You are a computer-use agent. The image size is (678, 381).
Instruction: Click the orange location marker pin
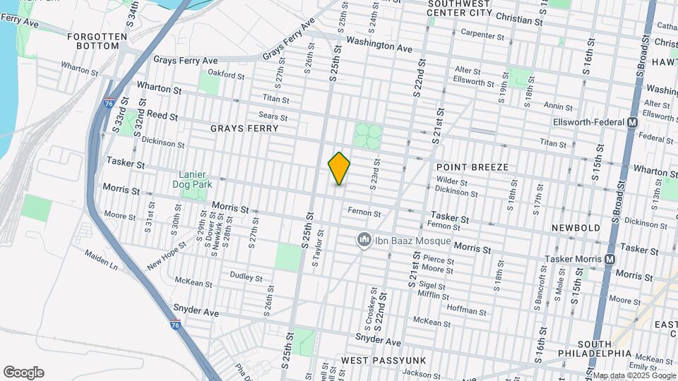click(x=339, y=169)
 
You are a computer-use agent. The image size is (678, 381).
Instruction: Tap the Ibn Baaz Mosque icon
click(x=364, y=241)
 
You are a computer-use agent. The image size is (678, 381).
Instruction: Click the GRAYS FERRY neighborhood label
click(x=244, y=129)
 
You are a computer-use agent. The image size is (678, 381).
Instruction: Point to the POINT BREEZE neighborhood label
click(x=472, y=167)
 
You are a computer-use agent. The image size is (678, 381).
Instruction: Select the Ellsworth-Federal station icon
click(x=632, y=122)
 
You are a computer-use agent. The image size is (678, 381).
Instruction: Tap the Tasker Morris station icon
click(x=609, y=260)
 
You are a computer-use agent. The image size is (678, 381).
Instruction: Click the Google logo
click(x=23, y=373)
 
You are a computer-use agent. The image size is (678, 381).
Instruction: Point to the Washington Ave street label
click(x=379, y=44)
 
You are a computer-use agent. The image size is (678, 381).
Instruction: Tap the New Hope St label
click(x=166, y=255)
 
